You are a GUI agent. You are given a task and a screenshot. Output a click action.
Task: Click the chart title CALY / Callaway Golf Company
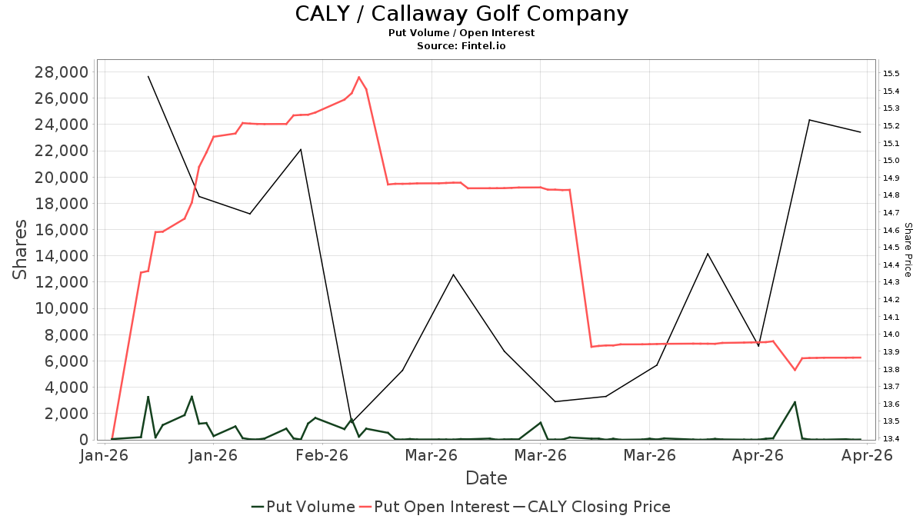click(461, 14)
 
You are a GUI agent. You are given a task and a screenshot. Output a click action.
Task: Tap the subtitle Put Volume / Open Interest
click(461, 33)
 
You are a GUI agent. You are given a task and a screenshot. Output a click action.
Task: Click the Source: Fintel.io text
click(461, 45)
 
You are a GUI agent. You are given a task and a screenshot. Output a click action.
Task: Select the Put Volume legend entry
click(303, 507)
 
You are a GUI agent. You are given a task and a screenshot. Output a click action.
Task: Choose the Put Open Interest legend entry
click(434, 507)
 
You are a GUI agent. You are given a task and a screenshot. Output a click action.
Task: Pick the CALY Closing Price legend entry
click(591, 507)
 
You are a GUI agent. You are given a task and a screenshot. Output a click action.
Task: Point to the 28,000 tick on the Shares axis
click(62, 72)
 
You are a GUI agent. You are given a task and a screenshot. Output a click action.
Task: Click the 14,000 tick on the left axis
click(62, 256)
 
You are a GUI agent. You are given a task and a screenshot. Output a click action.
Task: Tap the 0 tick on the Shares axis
click(84, 440)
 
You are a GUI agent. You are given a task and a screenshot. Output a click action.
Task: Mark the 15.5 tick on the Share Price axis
click(891, 73)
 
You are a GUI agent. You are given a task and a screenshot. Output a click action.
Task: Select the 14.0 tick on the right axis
click(891, 334)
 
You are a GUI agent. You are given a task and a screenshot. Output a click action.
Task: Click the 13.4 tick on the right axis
click(891, 438)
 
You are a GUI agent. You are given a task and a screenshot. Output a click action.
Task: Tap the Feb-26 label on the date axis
click(322, 455)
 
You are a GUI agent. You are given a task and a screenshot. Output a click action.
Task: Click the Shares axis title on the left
click(19, 250)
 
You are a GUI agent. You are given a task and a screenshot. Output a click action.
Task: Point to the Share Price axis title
click(908, 250)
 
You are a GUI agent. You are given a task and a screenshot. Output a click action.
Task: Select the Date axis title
click(486, 478)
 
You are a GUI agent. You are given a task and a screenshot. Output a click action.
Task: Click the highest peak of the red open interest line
click(359, 77)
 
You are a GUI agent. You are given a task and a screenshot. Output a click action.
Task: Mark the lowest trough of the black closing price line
click(352, 423)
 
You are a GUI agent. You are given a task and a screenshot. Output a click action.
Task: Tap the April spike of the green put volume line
click(795, 401)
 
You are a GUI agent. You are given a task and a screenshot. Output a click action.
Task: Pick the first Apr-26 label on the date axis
click(758, 455)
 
